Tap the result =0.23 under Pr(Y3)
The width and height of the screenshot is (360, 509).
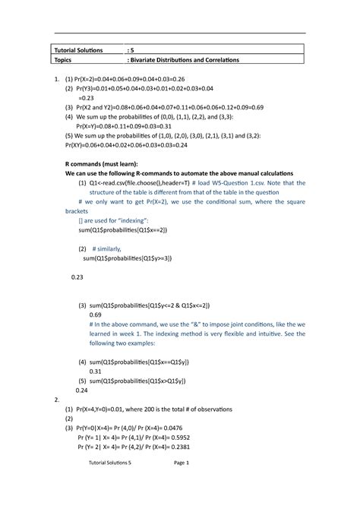pyautogui.click(x=89, y=98)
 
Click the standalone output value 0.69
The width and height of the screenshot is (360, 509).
pyautogui.click(x=95, y=314)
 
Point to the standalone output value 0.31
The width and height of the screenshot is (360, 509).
pyautogui.click(x=95, y=371)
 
